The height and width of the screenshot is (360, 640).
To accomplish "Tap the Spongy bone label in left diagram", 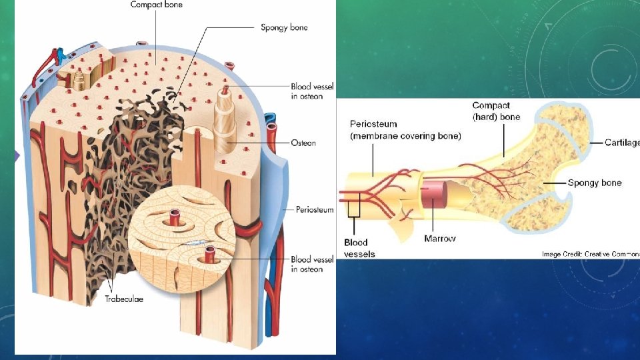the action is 283,28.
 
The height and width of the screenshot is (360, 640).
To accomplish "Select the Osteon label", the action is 303,143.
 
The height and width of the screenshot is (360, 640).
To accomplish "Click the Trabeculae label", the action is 123,299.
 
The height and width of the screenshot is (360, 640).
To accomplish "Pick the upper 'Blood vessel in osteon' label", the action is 312,91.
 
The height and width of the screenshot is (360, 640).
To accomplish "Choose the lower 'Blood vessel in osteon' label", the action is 312,264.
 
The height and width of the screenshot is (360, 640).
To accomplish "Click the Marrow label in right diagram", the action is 440,238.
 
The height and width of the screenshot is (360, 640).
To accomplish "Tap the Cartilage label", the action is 621,143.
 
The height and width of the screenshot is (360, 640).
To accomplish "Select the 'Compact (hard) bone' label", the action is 496,111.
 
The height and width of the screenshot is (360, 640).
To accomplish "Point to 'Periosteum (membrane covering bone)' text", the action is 405,130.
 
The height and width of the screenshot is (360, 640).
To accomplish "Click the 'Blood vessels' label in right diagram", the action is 359,248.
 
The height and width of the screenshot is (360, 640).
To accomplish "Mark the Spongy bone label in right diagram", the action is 595,183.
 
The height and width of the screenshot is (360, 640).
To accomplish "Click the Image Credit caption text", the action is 590,253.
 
